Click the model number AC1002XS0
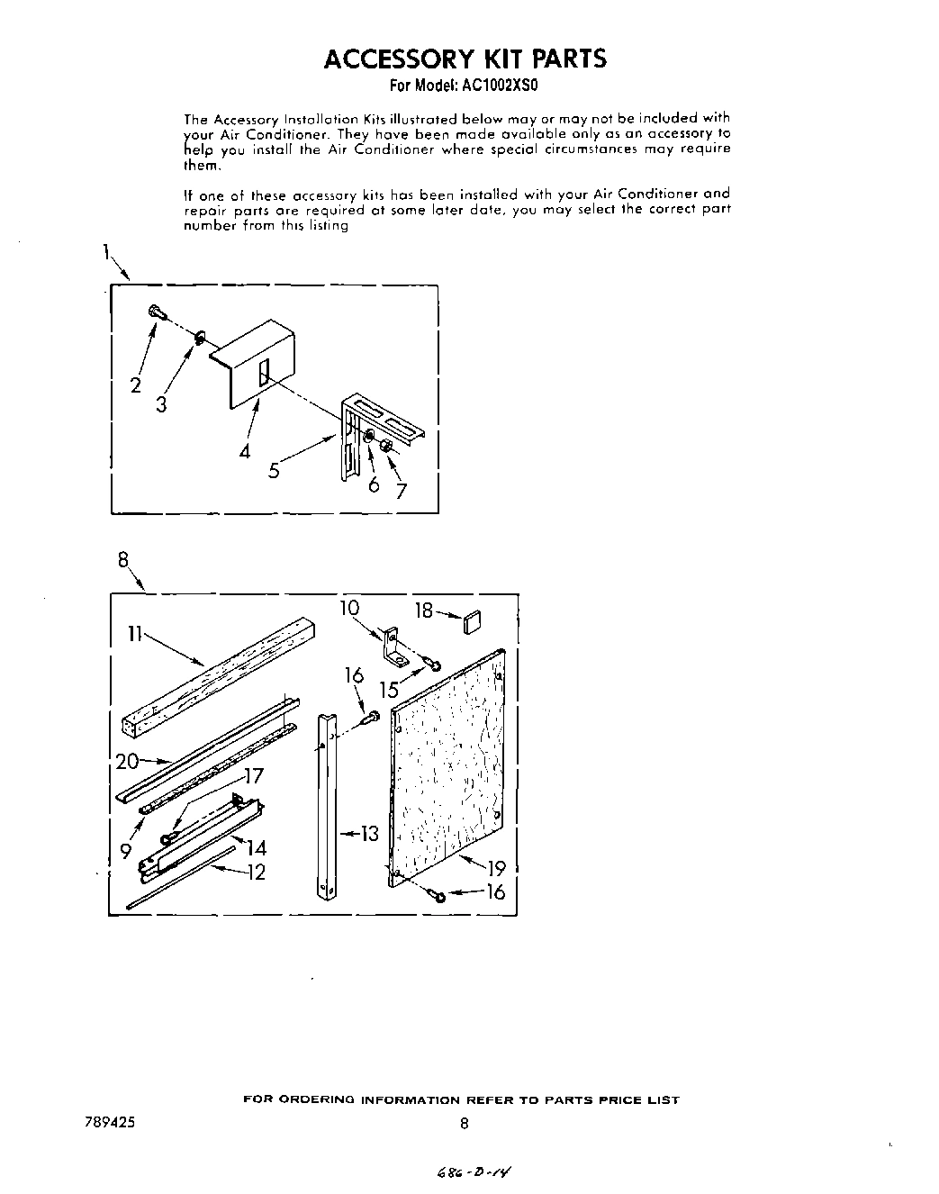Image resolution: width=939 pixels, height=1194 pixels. [x=498, y=87]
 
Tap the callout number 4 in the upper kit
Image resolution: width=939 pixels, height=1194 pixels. [x=245, y=452]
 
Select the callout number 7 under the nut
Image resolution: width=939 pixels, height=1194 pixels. [x=402, y=491]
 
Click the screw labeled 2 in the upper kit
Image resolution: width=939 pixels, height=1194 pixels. [x=158, y=312]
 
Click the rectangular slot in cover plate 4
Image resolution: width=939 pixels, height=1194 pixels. [x=263, y=372]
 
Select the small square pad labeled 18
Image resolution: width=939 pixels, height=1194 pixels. [x=474, y=620]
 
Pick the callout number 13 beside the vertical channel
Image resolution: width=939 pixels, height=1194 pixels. [x=370, y=834]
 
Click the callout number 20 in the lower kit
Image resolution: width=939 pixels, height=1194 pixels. [x=127, y=761]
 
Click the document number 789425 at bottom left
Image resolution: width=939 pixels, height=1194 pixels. [x=106, y=1123]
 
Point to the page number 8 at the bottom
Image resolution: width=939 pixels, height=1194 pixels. [x=464, y=1123]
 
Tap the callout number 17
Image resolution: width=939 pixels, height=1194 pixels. [x=254, y=775]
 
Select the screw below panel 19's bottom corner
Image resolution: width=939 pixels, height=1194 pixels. [x=438, y=895]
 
